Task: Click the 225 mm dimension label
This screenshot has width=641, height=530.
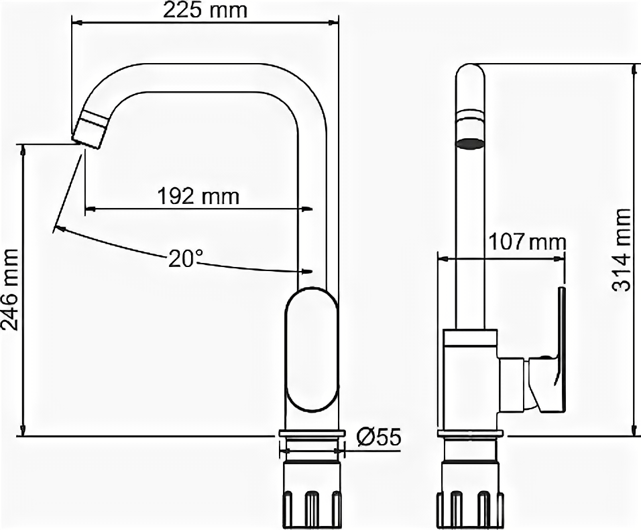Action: (205, 10)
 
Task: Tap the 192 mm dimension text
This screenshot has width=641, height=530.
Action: (198, 197)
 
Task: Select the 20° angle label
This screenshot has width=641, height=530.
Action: (186, 259)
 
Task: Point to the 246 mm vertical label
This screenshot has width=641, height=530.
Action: (10, 290)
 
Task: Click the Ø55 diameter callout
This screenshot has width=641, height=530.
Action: (379, 438)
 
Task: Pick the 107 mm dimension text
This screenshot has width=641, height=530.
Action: (528, 242)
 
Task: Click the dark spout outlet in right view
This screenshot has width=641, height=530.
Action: (470, 144)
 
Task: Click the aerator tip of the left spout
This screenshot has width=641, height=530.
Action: (91, 129)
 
